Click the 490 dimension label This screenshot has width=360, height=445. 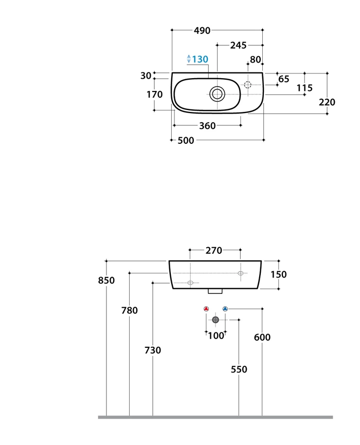point(202,30)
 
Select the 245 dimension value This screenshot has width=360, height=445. point(238,45)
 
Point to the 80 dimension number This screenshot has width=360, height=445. point(256,60)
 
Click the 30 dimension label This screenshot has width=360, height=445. point(146,76)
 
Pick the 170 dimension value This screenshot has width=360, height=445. point(154,95)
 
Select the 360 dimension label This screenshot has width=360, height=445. point(207,126)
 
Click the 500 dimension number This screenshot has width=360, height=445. point(186,141)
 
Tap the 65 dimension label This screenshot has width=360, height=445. point(284,79)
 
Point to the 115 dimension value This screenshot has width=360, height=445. point(304,88)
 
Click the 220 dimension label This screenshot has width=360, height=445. point(327,102)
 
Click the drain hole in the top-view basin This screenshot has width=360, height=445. point(218,94)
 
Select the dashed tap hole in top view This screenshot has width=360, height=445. point(248,85)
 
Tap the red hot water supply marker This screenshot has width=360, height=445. point(206,309)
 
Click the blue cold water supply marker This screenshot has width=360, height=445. point(225,309)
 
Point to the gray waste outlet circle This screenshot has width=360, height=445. point(215,320)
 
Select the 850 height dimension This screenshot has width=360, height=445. point(106,281)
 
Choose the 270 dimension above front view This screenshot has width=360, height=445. point(214,251)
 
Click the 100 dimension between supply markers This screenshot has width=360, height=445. point(216,336)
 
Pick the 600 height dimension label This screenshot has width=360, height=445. point(262,338)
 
